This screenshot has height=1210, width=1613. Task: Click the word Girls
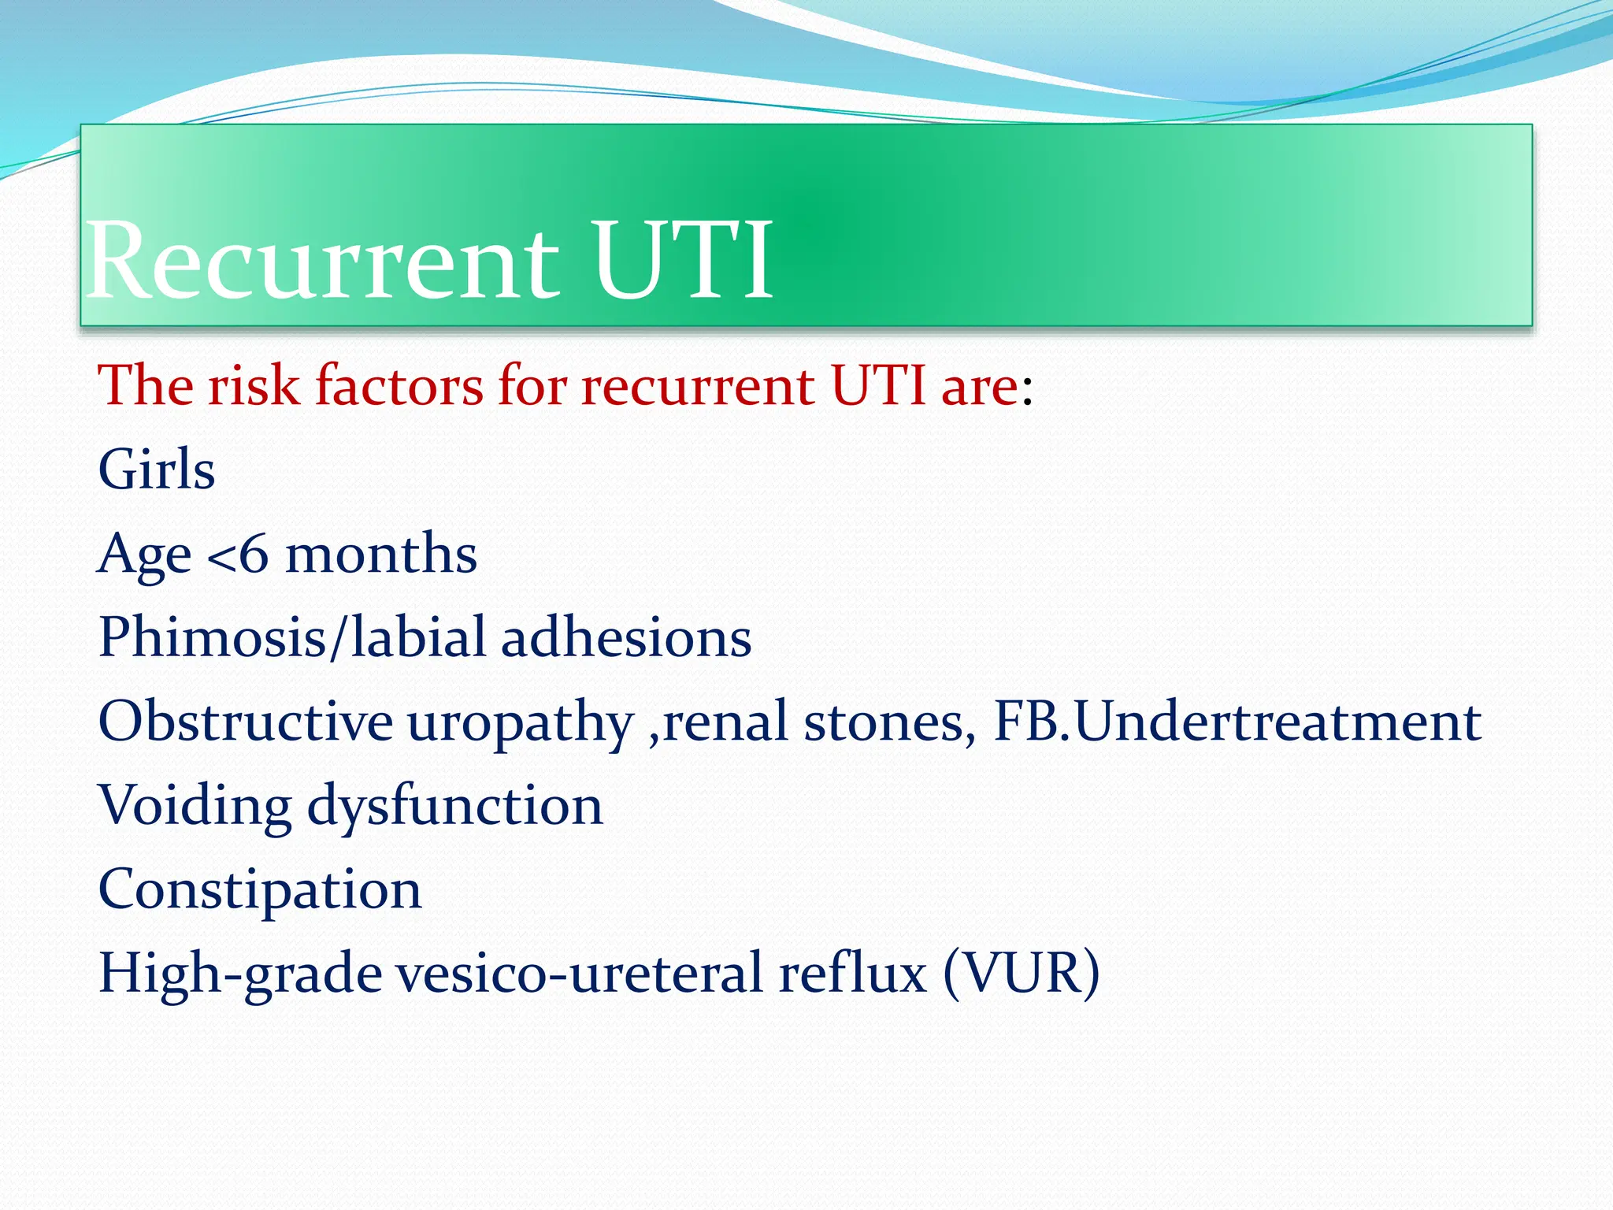[156, 470]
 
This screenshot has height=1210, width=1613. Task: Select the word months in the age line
[380, 554]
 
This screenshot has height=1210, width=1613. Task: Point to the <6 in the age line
[237, 554]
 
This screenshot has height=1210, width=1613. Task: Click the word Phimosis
[212, 637]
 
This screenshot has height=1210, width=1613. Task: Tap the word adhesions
[626, 637]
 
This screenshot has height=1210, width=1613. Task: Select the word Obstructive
[245, 722]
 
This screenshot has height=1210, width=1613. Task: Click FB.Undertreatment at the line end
[1237, 722]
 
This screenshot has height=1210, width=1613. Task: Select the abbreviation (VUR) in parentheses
[1021, 974]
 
